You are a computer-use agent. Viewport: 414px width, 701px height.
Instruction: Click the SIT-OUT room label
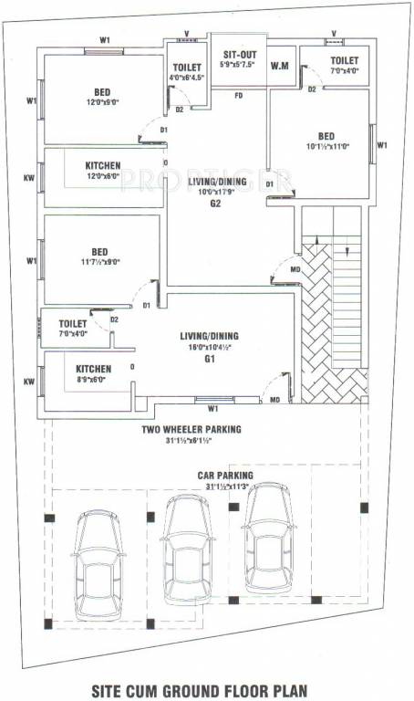240,54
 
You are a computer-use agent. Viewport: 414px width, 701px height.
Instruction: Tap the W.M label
280,65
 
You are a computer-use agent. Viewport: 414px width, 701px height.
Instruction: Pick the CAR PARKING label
225,476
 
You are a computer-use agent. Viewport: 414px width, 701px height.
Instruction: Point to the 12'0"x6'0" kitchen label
103,176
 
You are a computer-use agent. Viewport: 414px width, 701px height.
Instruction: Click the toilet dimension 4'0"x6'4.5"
187,78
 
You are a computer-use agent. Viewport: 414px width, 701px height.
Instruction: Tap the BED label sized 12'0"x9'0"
102,91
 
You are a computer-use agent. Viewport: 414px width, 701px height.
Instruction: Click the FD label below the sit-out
238,95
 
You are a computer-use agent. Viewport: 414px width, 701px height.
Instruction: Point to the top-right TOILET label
345,60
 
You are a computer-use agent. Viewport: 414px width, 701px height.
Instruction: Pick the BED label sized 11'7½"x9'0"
99,252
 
